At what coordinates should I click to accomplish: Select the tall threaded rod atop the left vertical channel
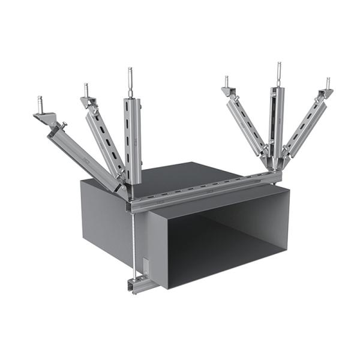[x=130, y=78]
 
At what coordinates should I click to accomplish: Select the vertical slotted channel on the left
[x=133, y=138]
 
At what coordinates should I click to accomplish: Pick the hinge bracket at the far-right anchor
[x=325, y=94]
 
